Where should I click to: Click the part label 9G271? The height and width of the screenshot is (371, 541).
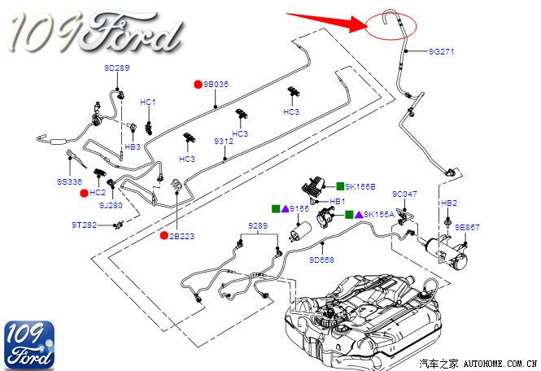[x=442, y=52]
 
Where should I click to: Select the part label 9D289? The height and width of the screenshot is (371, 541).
[x=116, y=68]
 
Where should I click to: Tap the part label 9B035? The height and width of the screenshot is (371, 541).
[x=216, y=84]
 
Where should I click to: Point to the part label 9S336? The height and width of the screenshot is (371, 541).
[x=70, y=181]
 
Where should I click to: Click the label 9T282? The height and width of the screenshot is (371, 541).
[x=85, y=224]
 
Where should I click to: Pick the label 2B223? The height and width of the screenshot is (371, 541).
[x=182, y=236]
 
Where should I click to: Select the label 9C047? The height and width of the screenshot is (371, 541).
[x=404, y=194]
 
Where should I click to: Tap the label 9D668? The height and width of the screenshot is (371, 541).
[x=322, y=260]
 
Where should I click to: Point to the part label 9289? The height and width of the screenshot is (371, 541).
[x=257, y=225]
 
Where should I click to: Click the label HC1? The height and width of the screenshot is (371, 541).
[x=147, y=102]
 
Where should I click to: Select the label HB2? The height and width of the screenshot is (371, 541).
[x=448, y=202]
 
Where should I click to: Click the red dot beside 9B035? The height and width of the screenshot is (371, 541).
[x=197, y=84]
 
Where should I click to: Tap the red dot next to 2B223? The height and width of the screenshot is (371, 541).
[x=164, y=236]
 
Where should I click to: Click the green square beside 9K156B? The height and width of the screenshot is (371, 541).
[x=341, y=186]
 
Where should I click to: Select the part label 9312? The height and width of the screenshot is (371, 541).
[x=224, y=141]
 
